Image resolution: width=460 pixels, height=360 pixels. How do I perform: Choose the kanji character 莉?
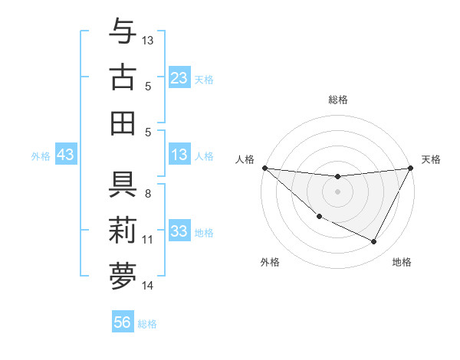123,231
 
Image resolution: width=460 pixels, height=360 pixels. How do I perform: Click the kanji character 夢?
123,277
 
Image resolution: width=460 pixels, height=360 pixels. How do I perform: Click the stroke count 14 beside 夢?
149,286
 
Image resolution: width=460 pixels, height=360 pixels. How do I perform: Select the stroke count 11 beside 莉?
148,240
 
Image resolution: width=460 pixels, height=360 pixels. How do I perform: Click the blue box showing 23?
179,77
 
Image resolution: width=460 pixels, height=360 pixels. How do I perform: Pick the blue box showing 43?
65,155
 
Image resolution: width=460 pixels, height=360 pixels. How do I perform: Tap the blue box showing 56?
123,322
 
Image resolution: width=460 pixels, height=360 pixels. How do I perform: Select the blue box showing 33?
179,231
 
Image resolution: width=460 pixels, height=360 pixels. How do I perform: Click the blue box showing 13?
179,155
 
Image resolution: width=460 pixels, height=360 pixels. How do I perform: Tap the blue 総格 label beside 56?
147,324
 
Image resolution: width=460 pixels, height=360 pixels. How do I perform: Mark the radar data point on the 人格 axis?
265,168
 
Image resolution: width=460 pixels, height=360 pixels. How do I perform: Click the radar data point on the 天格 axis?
411,169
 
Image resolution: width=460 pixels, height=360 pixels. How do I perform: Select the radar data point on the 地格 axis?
374,242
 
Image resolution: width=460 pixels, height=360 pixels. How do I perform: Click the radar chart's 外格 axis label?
270,262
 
